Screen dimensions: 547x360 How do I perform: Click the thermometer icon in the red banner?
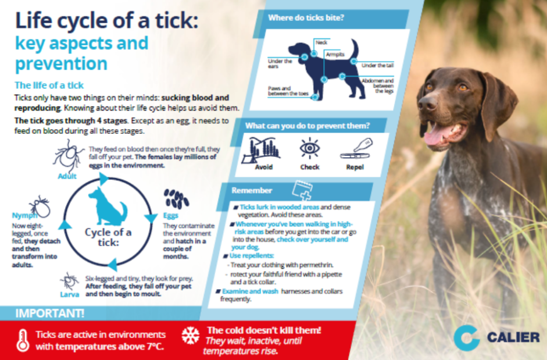coord(23,340)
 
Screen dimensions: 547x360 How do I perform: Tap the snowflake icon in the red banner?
coord(191,335)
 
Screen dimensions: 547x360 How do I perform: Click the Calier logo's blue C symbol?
coord(467,338)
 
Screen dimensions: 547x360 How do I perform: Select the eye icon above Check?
coord(309,148)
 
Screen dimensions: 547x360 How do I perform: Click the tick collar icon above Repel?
coord(356,149)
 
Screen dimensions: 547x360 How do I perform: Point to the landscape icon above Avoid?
coord(261,150)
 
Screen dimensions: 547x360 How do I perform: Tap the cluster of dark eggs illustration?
coord(176,199)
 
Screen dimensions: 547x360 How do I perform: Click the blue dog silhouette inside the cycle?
coord(108,206)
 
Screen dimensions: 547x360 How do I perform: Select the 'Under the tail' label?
coord(377,65)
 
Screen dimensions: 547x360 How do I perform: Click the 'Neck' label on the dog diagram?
coord(321,42)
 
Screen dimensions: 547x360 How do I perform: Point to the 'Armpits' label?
coord(335,55)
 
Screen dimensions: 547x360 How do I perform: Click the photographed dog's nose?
coord(426,102)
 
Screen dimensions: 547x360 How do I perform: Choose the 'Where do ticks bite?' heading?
coord(306,18)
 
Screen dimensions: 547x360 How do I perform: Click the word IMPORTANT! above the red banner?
coord(49,313)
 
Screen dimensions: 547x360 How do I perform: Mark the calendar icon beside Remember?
coord(302,190)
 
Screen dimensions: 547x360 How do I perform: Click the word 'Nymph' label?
coord(24,215)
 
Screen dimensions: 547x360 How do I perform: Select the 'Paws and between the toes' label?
coord(288,91)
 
